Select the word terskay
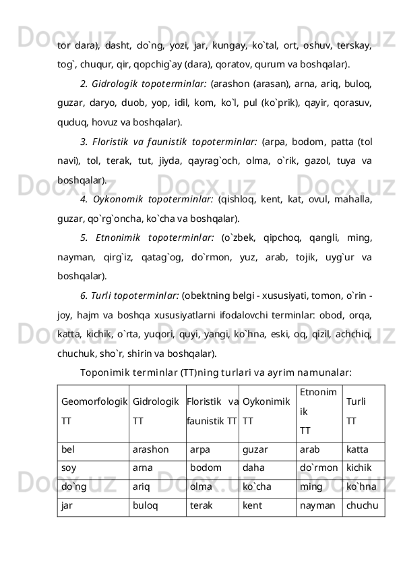pos(361,45)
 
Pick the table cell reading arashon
pos(157,447)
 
